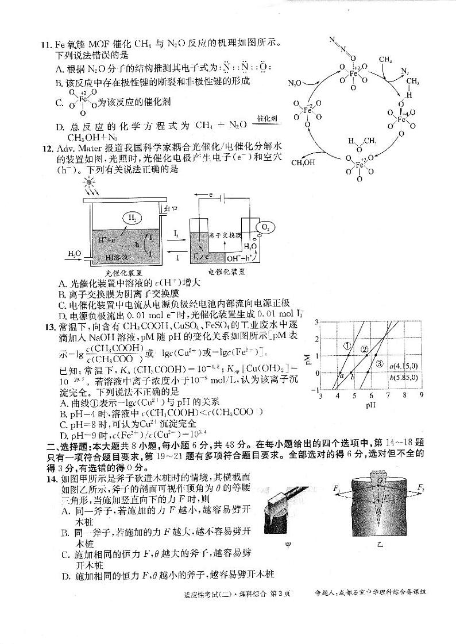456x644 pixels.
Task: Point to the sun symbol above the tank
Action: tap(89, 183)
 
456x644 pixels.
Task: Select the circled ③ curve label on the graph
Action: tap(379, 364)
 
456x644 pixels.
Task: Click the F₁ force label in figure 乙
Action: tap(337, 488)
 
